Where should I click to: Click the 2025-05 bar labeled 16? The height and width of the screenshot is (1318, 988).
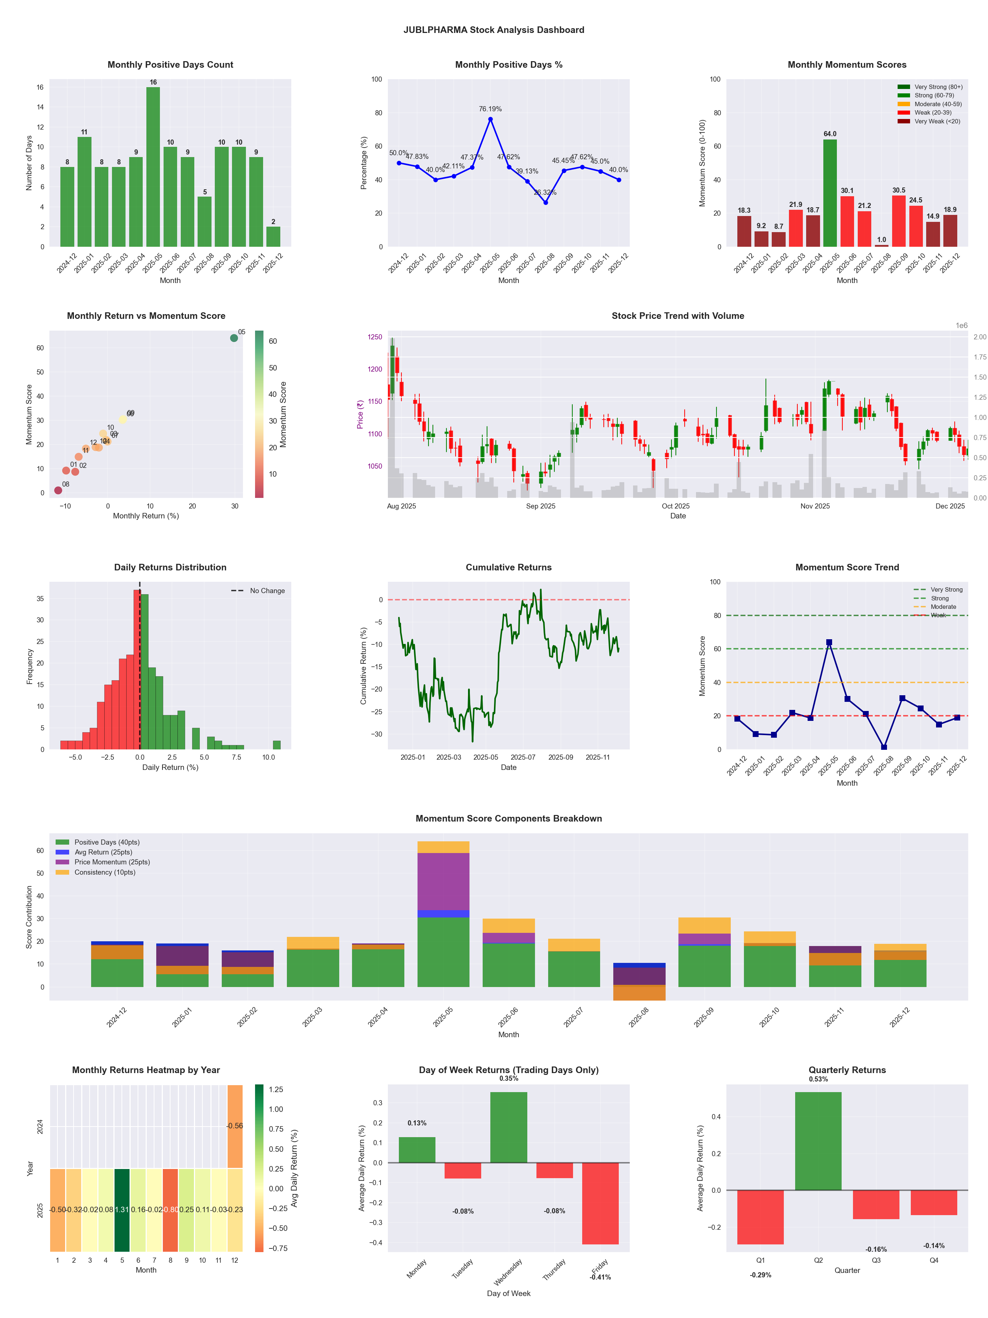[x=153, y=167]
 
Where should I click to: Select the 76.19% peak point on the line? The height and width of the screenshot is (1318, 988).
[x=490, y=119]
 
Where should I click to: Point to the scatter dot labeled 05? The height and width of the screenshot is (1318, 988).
[x=234, y=338]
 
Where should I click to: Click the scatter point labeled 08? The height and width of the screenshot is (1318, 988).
[x=58, y=490]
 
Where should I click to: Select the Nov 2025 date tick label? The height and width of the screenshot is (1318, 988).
[x=814, y=506]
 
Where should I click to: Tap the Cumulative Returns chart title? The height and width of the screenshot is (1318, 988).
[x=508, y=567]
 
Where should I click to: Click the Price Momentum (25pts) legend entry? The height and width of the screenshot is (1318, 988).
[x=112, y=862]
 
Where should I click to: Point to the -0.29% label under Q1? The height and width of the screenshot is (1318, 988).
[x=760, y=1275]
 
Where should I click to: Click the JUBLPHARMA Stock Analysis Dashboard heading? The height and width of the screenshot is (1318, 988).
[x=494, y=30]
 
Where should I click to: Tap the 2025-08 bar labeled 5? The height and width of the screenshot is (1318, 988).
[x=204, y=221]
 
